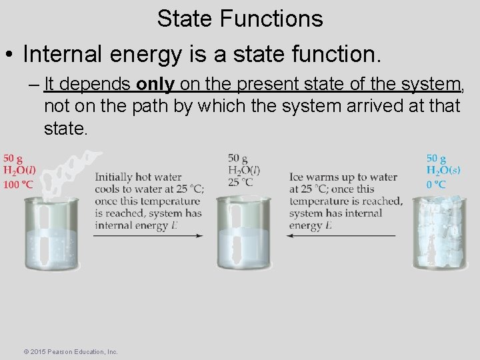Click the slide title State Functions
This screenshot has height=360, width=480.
pos(240,18)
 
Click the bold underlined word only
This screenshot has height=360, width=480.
pos(156,84)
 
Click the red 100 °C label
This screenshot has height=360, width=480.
pos(18,185)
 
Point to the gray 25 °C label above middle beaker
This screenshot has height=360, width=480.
pos(241,182)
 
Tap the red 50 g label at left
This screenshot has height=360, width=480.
pos(13,158)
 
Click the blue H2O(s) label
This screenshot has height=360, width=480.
pos(443,171)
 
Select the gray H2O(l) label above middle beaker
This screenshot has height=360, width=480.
pos(244,170)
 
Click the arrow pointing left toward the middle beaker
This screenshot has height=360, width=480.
pos(341,236)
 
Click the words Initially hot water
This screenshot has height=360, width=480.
pos(138,177)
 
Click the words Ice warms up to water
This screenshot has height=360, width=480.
pos(343,177)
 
